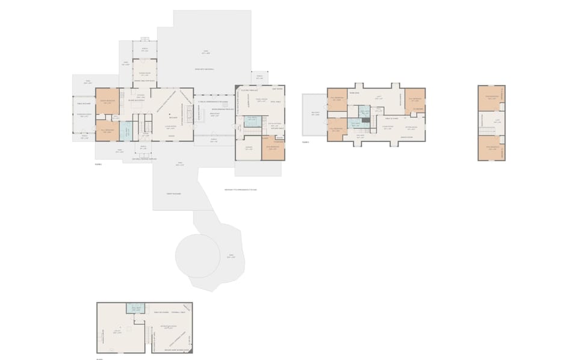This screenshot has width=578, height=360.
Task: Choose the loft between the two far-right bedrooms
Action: [x=492, y=123]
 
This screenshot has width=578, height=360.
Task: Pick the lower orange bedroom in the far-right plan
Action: [x=492, y=147]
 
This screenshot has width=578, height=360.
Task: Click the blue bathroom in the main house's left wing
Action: [x=127, y=131]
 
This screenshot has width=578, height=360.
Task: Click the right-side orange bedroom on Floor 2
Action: [x=415, y=101]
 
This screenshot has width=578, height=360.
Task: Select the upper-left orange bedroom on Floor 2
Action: [x=337, y=99]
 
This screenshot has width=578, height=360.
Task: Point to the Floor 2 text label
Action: [x=306, y=142]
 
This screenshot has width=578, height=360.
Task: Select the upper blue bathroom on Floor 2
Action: [x=364, y=111]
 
